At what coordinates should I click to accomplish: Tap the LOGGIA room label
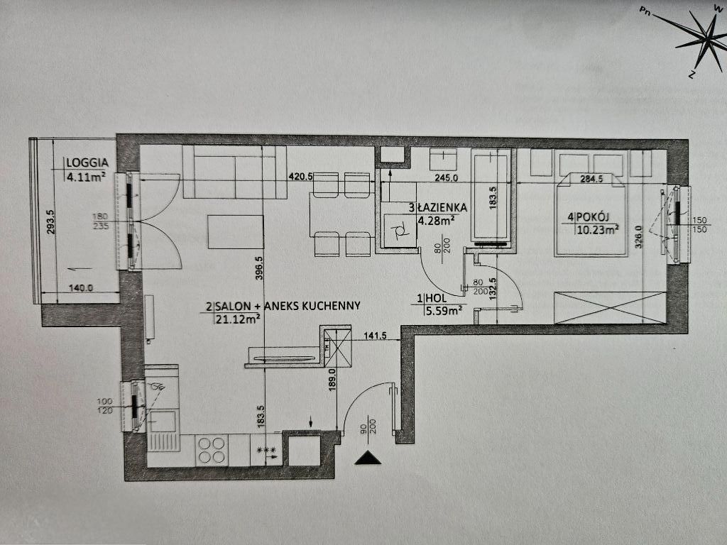click(86, 161)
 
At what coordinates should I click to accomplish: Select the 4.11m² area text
click(86, 177)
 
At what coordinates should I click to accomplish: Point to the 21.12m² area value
click(236, 319)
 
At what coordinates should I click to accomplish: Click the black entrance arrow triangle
click(368, 458)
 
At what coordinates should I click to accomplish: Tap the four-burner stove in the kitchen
click(212, 448)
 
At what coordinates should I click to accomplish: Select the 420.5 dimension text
click(300, 177)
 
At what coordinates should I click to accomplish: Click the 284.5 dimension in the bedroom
click(591, 179)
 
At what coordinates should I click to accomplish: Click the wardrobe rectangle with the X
click(611, 307)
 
